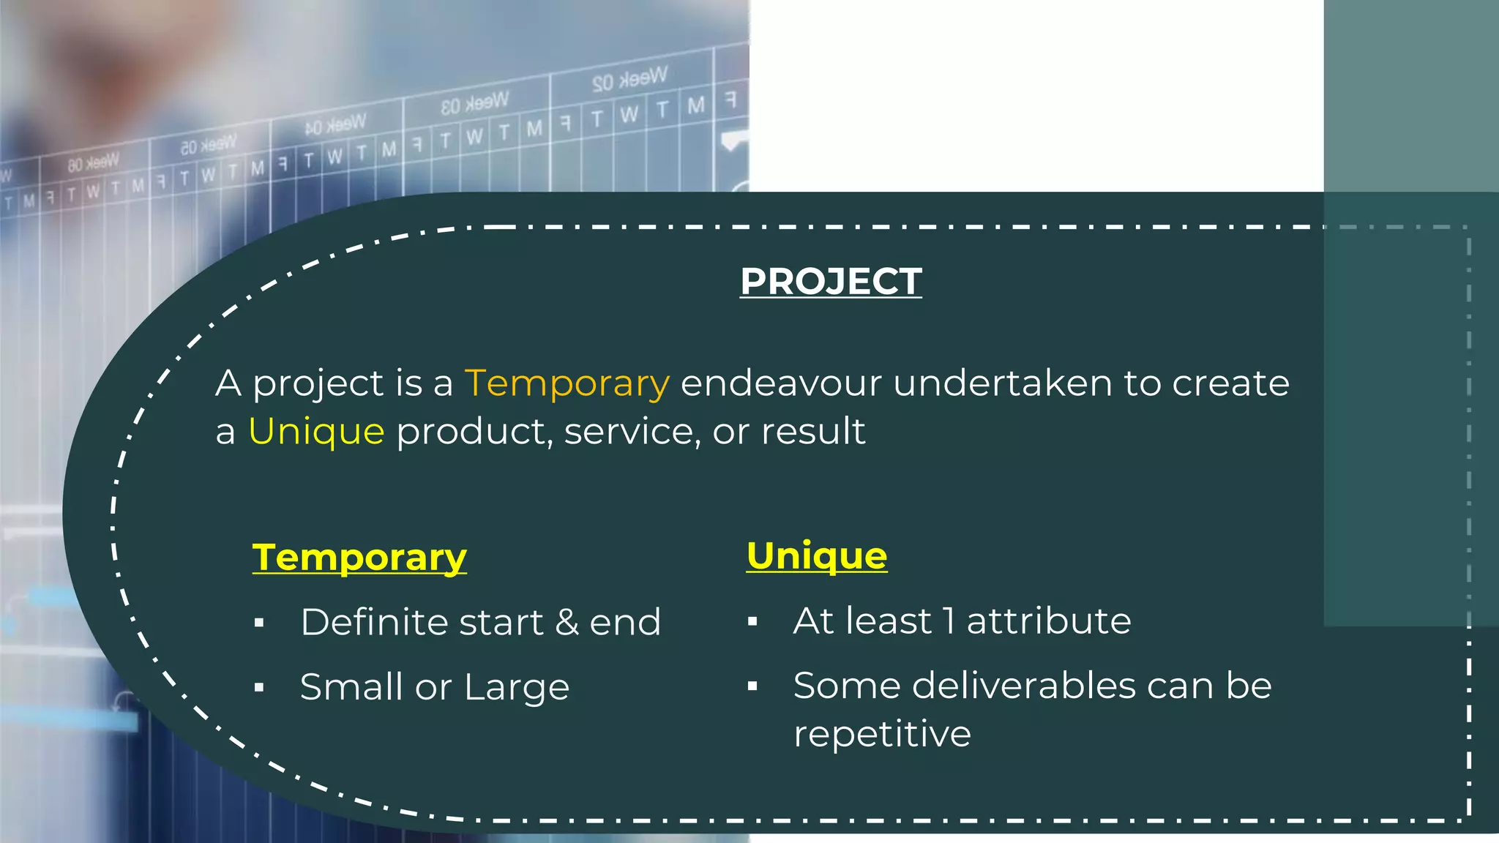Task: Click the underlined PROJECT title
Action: pyautogui.click(x=831, y=282)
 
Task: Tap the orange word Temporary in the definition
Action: pyautogui.click(x=567, y=383)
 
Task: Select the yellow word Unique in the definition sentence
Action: pyautogui.click(x=316, y=431)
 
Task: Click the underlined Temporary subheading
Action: pyautogui.click(x=359, y=558)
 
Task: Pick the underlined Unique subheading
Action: pyautogui.click(x=817, y=555)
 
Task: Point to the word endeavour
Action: pyautogui.click(x=781, y=383)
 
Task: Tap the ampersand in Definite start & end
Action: pyautogui.click(x=567, y=623)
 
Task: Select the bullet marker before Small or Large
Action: pyautogui.click(x=259, y=687)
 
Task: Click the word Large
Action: pyautogui.click(x=516, y=687)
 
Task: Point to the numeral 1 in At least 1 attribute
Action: pyautogui.click(x=949, y=621)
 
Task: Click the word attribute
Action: pyautogui.click(x=1049, y=621)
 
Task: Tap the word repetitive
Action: pyautogui.click(x=882, y=734)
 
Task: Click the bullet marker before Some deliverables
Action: pyautogui.click(x=752, y=686)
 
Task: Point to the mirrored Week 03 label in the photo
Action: pyautogui.click(x=474, y=103)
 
